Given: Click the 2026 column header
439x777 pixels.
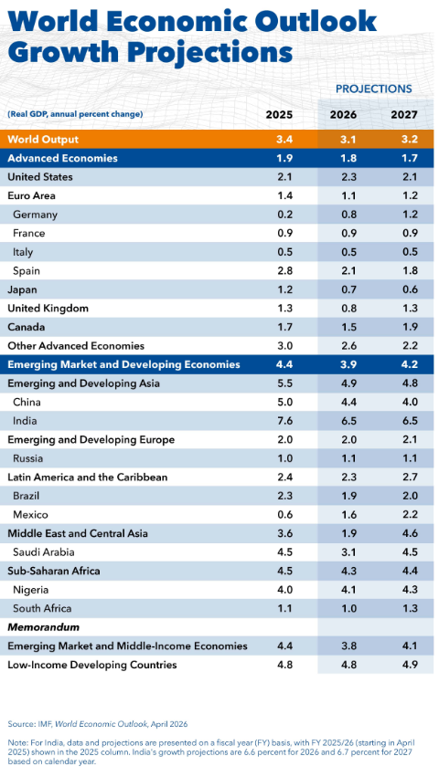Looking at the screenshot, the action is coord(343,114).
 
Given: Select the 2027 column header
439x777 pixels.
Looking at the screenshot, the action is coord(404,114).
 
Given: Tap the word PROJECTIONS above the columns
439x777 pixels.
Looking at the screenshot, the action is coord(374,89).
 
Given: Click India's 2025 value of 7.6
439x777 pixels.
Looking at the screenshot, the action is coord(285,421).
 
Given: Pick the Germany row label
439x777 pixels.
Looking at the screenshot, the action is coord(36,215).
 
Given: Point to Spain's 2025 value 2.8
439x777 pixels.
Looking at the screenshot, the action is coord(285,270).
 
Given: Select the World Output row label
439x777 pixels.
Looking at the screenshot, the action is coord(43,140).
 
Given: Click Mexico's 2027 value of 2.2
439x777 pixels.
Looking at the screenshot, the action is coord(411,514).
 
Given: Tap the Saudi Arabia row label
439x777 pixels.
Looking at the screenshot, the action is coord(44,552).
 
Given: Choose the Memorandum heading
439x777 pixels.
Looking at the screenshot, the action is coord(43,627).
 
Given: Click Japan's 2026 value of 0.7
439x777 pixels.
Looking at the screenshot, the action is coord(349,289).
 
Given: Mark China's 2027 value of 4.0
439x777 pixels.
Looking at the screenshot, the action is coord(411,402).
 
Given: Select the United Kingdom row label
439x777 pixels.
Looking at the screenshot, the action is coord(48,309).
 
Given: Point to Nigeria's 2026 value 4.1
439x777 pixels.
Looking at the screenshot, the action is coord(349,590).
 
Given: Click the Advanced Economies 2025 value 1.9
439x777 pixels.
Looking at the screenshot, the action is coord(285,158).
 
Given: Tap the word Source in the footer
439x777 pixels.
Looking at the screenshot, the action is coord(18,724).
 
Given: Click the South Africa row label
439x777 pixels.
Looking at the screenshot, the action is coord(42,608).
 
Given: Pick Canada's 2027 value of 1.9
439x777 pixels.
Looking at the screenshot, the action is coord(411,327).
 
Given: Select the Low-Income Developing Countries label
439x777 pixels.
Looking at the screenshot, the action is coord(91,665).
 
